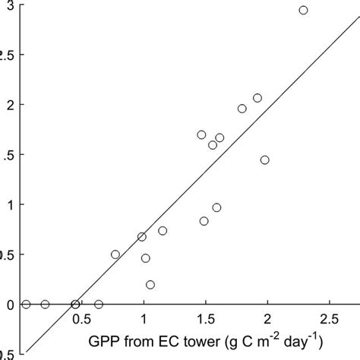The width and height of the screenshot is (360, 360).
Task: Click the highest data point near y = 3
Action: tap(303, 10)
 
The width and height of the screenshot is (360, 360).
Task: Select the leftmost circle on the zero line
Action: tap(26, 304)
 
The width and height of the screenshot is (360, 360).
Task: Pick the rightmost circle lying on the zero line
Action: tap(99, 304)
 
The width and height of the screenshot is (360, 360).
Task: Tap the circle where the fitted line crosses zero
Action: tap(75, 304)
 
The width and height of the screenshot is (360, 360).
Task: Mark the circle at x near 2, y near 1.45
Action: tap(264, 159)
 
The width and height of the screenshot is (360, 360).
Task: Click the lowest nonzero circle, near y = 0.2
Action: tap(150, 284)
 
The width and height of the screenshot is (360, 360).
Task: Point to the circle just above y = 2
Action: tap(257, 98)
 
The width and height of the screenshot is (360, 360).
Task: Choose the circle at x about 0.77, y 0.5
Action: tap(115, 254)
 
